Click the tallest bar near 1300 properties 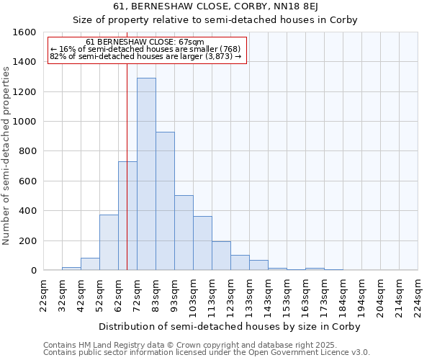click(x=146, y=174)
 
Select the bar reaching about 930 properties click(x=165, y=201)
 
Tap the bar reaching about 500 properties click(x=184, y=233)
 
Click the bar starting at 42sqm click(x=90, y=264)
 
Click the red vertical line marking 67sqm click(x=127, y=144)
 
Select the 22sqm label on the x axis click(x=43, y=295)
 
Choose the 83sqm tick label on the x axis click(x=156, y=295)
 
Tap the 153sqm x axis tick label click(x=287, y=295)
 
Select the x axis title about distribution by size click(x=229, y=326)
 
